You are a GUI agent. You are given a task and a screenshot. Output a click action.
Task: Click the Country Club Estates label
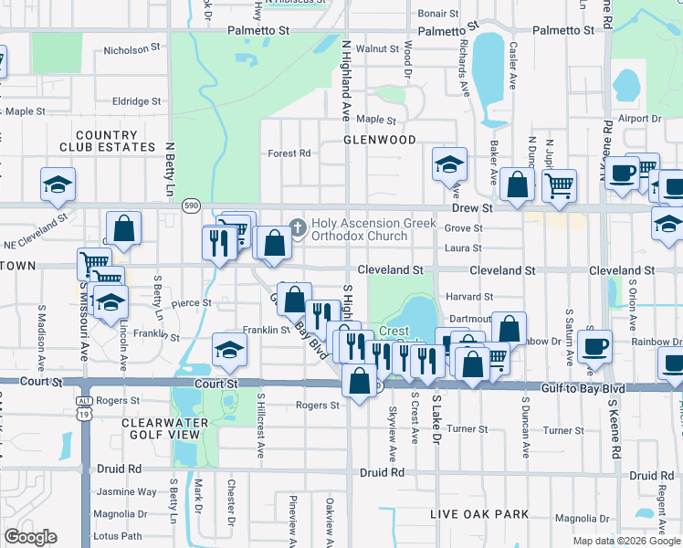point(108,141)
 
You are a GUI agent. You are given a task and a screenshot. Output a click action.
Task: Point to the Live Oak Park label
point(479,515)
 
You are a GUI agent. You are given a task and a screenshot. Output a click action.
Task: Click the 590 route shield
point(190,207)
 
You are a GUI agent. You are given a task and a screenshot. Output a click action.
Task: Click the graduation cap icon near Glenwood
point(449,164)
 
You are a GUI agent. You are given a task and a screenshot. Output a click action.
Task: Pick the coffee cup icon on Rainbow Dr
point(595,344)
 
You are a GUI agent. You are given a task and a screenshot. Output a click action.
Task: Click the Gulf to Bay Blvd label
point(582,389)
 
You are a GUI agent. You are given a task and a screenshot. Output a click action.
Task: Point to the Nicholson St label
point(131,50)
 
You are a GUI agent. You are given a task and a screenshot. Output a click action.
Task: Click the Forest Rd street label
point(289,153)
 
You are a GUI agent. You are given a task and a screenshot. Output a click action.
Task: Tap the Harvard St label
point(469,297)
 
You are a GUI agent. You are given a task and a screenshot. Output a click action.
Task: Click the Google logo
point(30,537)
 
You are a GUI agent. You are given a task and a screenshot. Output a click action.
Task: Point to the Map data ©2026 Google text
point(626,541)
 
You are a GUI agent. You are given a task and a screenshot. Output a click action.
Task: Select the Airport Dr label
point(639,119)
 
